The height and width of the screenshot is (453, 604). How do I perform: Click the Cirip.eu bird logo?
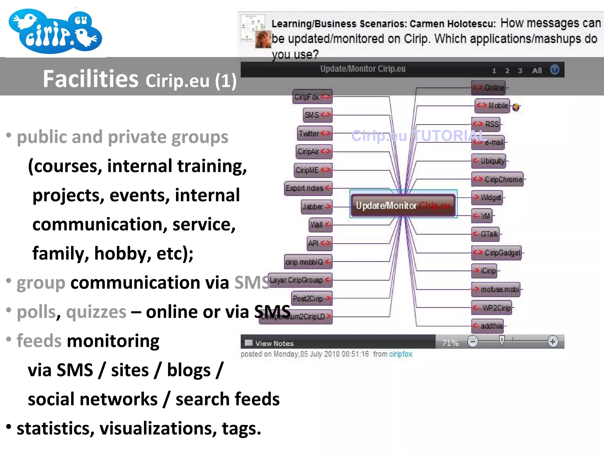pyautogui.click(x=55, y=31)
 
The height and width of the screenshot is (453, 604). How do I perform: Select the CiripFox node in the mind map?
pyautogui.click(x=312, y=97)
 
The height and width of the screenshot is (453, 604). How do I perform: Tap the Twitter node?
pyautogui.click(x=314, y=133)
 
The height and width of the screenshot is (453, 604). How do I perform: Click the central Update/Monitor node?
pyautogui.click(x=403, y=205)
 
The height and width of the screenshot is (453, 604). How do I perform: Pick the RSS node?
pyautogui.click(x=487, y=124)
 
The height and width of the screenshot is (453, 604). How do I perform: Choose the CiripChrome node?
pyautogui.click(x=498, y=179)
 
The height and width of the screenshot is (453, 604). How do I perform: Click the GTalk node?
pyautogui.click(x=486, y=234)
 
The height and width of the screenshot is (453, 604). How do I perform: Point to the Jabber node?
pyautogui.click(x=316, y=206)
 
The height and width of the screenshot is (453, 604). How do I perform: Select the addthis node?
pyautogui.click(x=488, y=326)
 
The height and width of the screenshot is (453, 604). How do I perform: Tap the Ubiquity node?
pyautogui.click(x=489, y=161)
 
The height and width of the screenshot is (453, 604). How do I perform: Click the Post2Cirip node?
pyautogui.click(x=312, y=298)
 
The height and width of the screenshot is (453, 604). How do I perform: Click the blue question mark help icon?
pyautogui.click(x=554, y=70)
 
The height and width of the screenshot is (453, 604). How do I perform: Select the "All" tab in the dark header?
pyautogui.click(x=537, y=70)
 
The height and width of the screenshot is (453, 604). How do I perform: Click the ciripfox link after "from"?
pyautogui.click(x=401, y=354)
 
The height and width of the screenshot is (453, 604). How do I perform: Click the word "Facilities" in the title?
pyautogui.click(x=91, y=79)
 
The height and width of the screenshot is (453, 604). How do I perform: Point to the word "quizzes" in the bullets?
pyautogui.click(x=96, y=312)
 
